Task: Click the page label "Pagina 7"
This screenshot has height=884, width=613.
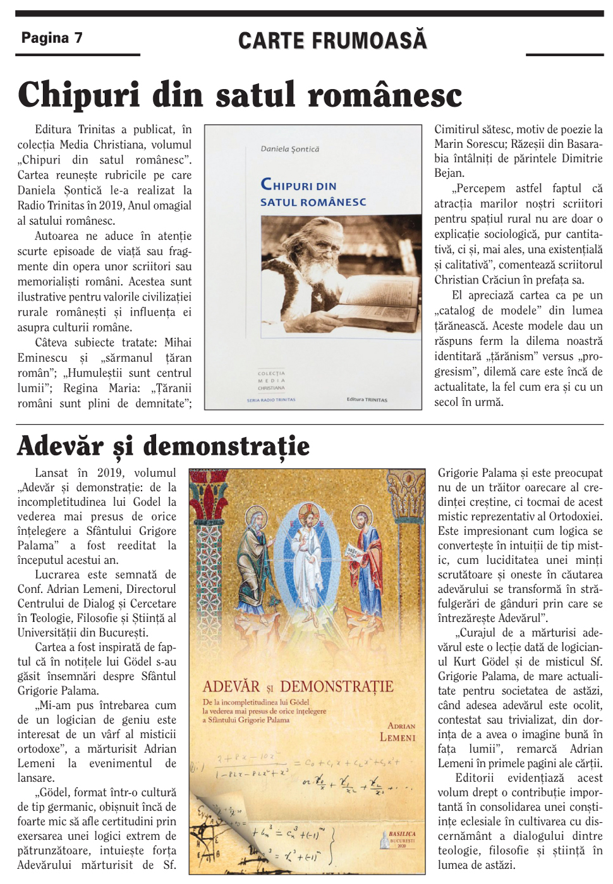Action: tap(52, 38)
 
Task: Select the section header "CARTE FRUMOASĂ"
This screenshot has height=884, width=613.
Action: tap(332, 40)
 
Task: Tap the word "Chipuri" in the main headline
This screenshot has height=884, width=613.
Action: tap(78, 95)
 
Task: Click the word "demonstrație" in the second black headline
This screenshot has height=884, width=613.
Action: tap(226, 446)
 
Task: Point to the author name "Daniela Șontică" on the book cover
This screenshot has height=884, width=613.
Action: tap(290, 149)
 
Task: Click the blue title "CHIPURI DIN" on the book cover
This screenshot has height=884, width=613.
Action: tap(299, 185)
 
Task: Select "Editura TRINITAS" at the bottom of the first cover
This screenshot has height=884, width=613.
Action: tap(367, 399)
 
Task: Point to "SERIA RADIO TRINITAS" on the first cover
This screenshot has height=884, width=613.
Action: tap(270, 400)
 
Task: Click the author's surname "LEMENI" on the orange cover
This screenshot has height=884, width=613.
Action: tap(398, 737)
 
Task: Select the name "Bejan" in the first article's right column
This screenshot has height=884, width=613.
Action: tap(449, 173)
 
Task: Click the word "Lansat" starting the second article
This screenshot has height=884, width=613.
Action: tap(51, 473)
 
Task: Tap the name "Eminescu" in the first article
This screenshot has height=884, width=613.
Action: tap(42, 358)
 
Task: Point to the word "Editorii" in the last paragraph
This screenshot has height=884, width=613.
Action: tap(475, 778)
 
